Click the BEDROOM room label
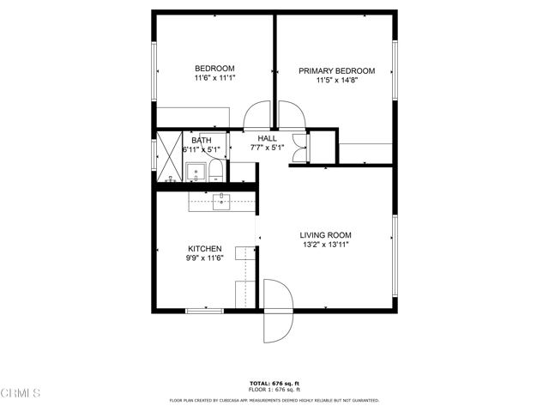point(214,69)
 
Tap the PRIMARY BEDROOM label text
point(336,71)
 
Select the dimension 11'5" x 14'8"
point(336,81)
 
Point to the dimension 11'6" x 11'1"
point(214,78)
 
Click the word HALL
point(268,137)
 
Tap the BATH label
point(202,140)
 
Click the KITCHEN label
point(205,249)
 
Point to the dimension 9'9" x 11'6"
point(205,258)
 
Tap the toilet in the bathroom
point(215,172)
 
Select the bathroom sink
point(196,171)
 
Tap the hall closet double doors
point(299,148)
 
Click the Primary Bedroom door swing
point(288,116)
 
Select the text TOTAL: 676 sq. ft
point(274,383)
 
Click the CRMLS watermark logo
point(21,393)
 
